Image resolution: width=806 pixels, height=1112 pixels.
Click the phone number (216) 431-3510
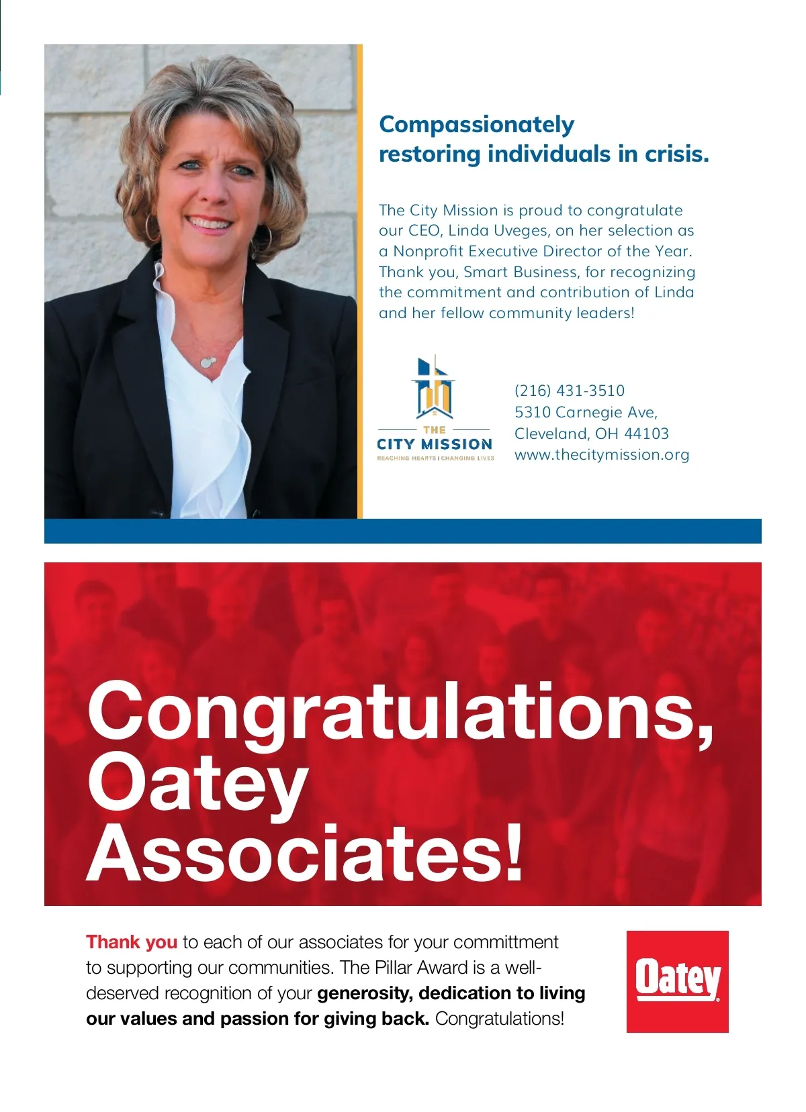pyautogui.click(x=570, y=391)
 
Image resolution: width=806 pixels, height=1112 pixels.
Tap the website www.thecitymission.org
pyautogui.click(x=602, y=455)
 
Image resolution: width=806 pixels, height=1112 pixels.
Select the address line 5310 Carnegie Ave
pyautogui.click(x=586, y=412)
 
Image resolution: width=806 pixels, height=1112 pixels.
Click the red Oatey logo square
pyautogui.click(x=677, y=981)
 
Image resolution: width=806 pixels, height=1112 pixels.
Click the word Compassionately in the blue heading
pyautogui.click(x=477, y=125)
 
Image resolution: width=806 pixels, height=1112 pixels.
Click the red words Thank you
pyautogui.click(x=132, y=942)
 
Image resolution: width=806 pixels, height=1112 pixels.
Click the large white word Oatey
pyautogui.click(x=198, y=785)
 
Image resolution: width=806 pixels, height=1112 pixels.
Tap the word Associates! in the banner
pyautogui.click(x=306, y=854)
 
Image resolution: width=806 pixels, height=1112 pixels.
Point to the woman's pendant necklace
pyautogui.click(x=207, y=362)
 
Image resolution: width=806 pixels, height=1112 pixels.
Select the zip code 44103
pyautogui.click(x=647, y=434)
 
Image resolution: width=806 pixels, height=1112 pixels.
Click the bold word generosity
pyautogui.click(x=363, y=993)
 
